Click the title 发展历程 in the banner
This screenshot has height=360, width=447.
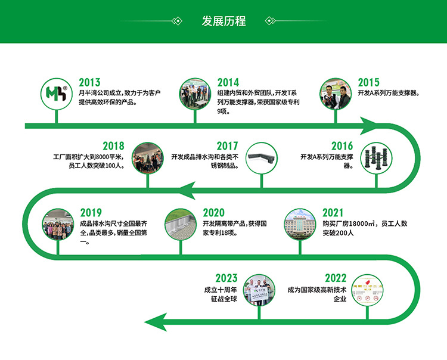pos(223,21)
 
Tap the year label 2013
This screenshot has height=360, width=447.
pos(89,83)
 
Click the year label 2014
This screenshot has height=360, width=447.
pos(228,83)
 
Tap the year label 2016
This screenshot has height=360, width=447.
pos(342,146)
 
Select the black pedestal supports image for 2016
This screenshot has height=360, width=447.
pos(375,157)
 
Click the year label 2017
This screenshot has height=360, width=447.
pos(227,146)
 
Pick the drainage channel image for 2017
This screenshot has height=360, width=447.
pos(261,157)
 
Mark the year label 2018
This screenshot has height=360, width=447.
pos(113,146)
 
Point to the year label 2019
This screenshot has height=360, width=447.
pos(91,213)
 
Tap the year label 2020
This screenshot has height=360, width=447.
pos(213,213)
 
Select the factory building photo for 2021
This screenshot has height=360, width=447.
pos(299,224)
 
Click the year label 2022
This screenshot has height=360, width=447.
pos(336,278)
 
